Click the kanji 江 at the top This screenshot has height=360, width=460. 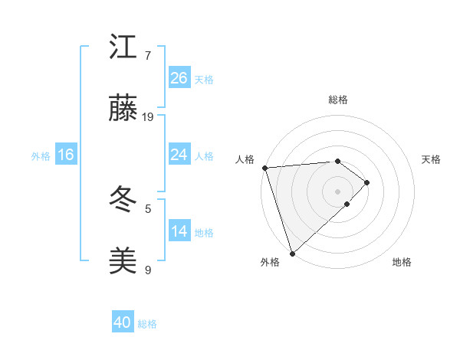(x=123, y=47)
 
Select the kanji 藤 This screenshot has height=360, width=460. (x=123, y=110)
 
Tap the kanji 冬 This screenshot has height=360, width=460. (x=123, y=201)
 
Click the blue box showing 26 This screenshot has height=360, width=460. (x=179, y=78)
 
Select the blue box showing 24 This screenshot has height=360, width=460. (x=179, y=155)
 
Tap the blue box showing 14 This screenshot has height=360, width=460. (x=179, y=231)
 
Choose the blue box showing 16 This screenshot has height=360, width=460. (x=66, y=155)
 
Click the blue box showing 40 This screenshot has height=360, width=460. (x=123, y=323)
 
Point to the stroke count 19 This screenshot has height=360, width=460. (x=149, y=117)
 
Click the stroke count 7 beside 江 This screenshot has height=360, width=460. (x=148, y=56)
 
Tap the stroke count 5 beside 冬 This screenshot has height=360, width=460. (x=148, y=208)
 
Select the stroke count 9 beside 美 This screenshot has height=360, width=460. (x=148, y=270)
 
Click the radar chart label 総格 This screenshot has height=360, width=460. (x=338, y=100)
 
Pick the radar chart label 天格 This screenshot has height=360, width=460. (x=432, y=159)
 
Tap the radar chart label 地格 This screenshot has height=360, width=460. (x=402, y=262)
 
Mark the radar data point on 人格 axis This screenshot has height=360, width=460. (x=264, y=168)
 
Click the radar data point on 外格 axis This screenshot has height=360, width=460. (x=292, y=253)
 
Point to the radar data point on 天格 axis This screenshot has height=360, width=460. (x=367, y=182)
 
